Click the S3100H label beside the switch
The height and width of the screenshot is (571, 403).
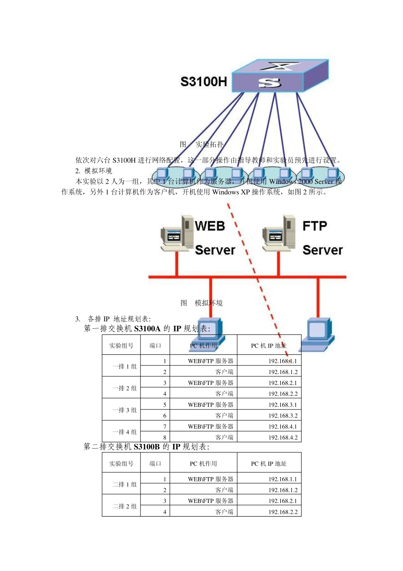[204, 82]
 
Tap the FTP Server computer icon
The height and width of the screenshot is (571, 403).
[279, 234]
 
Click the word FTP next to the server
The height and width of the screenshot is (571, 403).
[315, 226]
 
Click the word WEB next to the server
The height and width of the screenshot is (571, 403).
[210, 226]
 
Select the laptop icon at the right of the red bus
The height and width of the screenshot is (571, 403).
[317, 335]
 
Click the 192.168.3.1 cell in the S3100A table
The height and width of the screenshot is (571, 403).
[283, 405]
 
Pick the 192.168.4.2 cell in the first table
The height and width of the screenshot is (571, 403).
[283, 438]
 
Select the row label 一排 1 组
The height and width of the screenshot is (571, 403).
[124, 367]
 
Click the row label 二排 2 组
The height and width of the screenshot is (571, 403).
[124, 506]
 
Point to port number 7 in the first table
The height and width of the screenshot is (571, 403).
[165, 427]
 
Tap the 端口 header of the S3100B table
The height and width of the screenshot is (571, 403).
[155, 464]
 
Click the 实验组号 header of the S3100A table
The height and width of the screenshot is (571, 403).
[121, 346]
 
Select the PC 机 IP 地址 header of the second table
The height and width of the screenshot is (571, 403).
[269, 464]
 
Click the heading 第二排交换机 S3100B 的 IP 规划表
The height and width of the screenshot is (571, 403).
[146, 447]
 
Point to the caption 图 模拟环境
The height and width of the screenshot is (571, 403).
[201, 303]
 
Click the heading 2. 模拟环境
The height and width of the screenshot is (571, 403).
[94, 171]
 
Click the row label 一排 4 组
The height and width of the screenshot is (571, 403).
[124, 432]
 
